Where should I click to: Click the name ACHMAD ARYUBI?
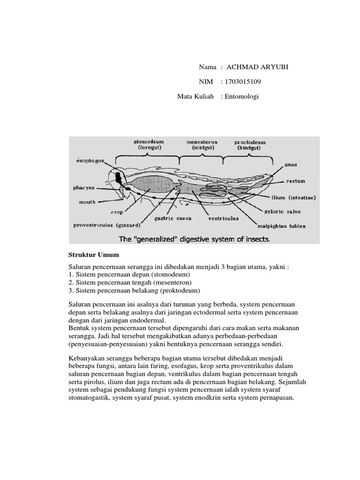(x=257, y=67)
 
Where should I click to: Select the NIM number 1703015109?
(x=244, y=82)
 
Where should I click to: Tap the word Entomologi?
(x=243, y=97)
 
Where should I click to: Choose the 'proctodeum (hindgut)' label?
(x=250, y=144)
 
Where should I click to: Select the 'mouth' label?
(x=87, y=202)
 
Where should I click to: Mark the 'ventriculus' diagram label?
(x=223, y=218)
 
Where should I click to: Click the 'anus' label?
(x=292, y=165)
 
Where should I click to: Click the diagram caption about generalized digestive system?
(x=195, y=239)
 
